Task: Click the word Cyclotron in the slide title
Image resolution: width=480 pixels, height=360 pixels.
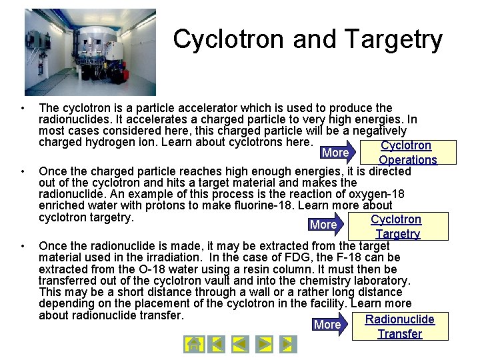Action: [229, 39]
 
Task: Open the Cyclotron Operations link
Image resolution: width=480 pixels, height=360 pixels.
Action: [407, 153]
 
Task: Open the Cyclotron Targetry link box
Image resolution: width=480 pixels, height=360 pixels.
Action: [397, 227]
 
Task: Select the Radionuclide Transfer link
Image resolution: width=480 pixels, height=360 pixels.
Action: [399, 327]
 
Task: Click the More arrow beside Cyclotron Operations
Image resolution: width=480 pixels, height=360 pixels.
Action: [337, 153]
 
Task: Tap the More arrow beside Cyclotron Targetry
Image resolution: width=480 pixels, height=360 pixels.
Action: [326, 225]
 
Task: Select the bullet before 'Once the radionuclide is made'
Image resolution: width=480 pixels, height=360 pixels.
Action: [23, 246]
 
